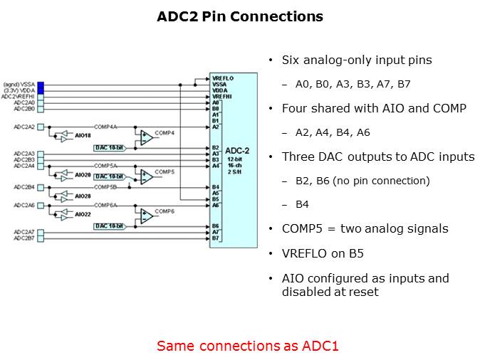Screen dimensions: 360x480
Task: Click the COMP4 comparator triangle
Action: [x=146, y=136]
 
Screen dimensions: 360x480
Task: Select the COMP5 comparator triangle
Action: [x=146, y=175]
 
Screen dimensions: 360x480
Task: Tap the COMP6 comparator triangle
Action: [x=146, y=214]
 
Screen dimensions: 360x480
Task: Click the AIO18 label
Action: [x=83, y=135]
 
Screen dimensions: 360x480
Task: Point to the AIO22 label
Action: [x=83, y=214]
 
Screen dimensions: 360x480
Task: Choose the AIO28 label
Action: [x=83, y=195]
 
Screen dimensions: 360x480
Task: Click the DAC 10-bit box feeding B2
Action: [x=110, y=147]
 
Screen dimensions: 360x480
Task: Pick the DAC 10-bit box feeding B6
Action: [x=110, y=226]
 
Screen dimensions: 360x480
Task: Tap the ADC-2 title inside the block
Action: [x=236, y=151]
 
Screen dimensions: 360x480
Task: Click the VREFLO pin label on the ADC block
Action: [x=222, y=77]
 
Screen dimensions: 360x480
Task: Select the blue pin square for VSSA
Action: [x=41, y=85]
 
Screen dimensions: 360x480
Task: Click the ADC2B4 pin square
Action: [x=41, y=187]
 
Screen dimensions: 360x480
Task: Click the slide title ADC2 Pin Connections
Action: [x=240, y=16]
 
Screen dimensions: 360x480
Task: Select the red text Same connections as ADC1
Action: [x=247, y=346]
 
